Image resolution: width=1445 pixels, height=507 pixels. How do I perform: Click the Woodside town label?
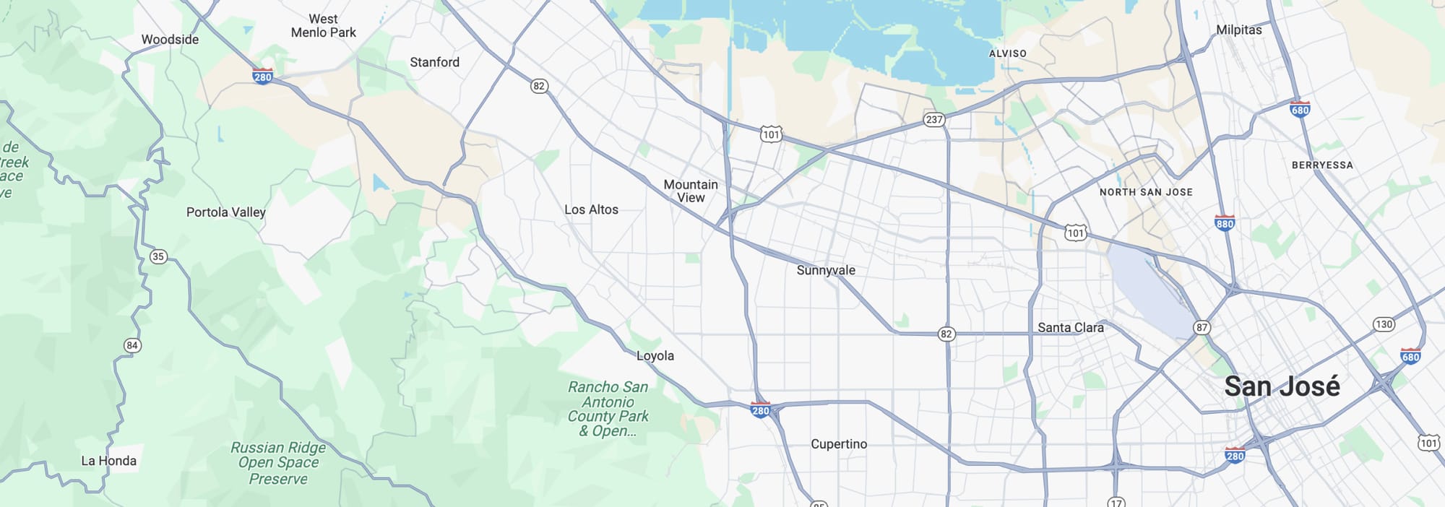click(170, 40)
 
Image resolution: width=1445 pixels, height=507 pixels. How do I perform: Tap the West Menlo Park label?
click(323, 26)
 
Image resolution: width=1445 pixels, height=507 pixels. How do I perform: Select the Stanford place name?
click(434, 63)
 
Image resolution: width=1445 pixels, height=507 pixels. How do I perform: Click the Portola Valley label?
click(225, 212)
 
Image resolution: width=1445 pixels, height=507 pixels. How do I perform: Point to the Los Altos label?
click(591, 210)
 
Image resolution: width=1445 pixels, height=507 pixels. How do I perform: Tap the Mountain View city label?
click(691, 191)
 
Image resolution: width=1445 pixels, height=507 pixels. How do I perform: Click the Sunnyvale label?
click(826, 271)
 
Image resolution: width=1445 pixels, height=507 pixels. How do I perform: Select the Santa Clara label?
click(1070, 328)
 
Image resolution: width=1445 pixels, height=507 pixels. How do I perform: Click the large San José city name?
click(1282, 387)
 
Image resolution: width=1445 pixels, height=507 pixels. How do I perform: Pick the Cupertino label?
click(839, 444)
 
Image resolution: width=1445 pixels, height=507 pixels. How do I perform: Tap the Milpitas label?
click(1238, 30)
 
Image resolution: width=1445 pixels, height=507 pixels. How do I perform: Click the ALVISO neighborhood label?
click(1007, 54)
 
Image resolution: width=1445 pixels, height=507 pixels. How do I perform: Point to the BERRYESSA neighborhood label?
click(1322, 165)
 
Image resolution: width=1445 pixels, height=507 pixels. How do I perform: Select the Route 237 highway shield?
click(933, 120)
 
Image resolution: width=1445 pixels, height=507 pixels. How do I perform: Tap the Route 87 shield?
click(1202, 328)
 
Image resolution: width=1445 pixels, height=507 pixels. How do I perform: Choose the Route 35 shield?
click(158, 257)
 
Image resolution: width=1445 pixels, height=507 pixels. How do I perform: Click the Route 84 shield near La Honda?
click(131, 346)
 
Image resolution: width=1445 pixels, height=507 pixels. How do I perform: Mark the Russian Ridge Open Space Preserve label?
click(278, 463)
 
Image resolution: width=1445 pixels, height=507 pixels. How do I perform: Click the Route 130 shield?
click(1384, 324)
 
